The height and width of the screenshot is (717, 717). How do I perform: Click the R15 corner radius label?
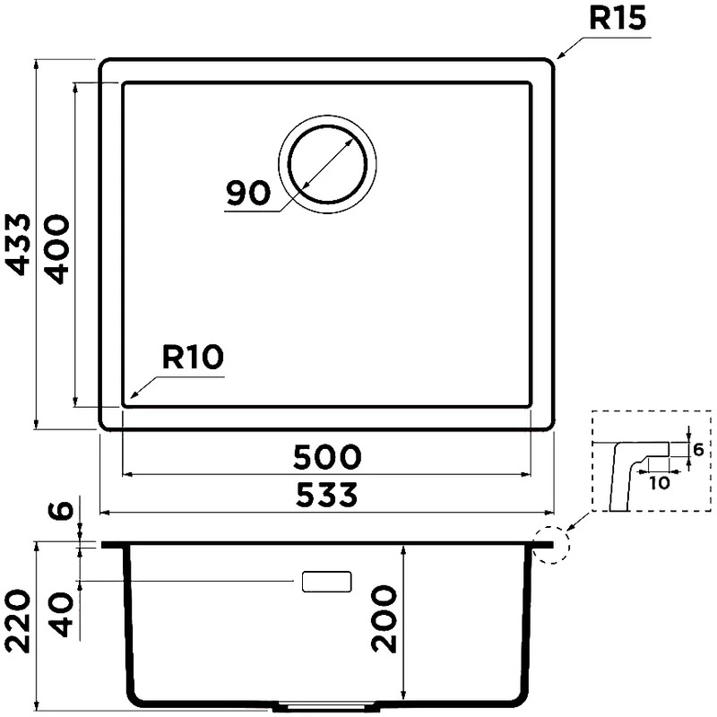[618, 18]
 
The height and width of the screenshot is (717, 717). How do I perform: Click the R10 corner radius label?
[193, 357]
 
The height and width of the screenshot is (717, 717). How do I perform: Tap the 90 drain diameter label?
[248, 193]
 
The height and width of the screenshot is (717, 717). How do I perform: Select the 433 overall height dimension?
[19, 244]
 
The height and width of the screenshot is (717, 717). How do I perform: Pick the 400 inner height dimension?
[57, 250]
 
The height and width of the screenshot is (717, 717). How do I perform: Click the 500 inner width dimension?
[327, 457]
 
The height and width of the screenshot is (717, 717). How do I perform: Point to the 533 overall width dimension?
[326, 495]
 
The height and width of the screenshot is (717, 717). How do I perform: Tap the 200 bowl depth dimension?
[384, 619]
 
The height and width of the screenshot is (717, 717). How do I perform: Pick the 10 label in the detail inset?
[659, 483]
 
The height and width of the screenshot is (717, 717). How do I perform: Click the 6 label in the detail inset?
[698, 450]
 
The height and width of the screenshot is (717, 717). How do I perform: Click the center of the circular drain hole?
[327, 164]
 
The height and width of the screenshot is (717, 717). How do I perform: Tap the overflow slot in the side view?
[326, 582]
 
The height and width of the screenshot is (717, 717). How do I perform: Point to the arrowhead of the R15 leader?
[560, 56]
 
